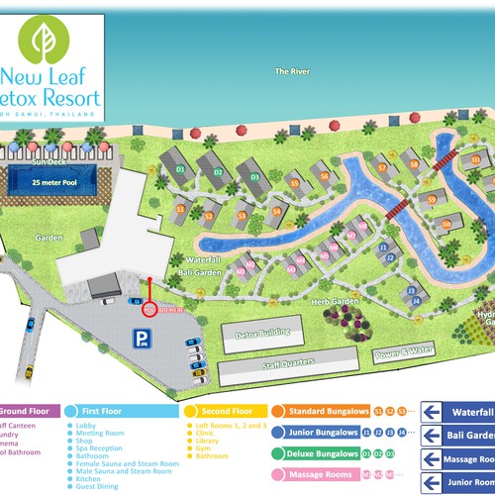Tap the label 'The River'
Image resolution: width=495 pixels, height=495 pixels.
(x=294, y=71)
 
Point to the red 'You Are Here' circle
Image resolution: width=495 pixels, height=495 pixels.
(x=150, y=308)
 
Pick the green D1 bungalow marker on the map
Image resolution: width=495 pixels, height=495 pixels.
(x=181, y=168)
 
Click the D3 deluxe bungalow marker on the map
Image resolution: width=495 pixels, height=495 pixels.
(x=254, y=177)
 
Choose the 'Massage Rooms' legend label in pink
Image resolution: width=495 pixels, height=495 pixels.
(x=319, y=474)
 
